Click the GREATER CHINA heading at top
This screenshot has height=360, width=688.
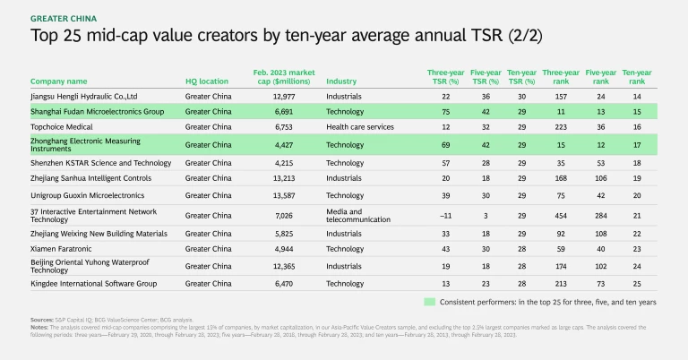(65, 17)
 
